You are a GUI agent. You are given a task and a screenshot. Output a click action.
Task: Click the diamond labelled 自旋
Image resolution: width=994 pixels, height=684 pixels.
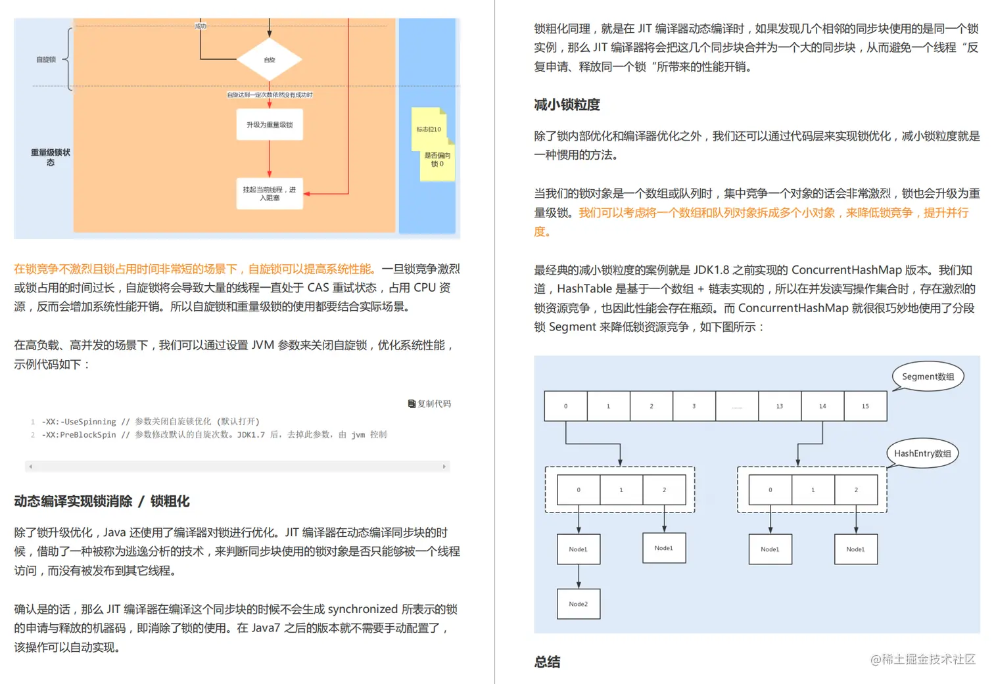click(x=270, y=60)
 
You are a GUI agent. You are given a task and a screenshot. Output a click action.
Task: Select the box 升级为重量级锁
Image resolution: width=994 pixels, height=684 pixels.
click(x=270, y=125)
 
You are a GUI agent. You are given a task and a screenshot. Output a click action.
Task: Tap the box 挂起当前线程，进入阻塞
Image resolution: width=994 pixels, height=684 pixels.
click(x=270, y=193)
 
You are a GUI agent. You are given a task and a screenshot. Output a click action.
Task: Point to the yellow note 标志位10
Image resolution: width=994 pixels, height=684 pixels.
click(x=429, y=129)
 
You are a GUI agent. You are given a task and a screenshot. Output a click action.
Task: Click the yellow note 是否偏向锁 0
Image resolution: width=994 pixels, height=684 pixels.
click(x=437, y=160)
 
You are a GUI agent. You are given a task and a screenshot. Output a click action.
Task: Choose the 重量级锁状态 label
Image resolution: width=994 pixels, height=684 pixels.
click(x=51, y=157)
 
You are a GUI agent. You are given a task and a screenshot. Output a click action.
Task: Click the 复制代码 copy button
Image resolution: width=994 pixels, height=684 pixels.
click(x=430, y=403)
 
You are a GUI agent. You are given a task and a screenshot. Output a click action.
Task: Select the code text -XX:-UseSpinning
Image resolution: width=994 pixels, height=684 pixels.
click(x=79, y=422)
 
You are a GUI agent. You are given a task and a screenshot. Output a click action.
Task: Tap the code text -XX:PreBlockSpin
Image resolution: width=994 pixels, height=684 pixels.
click(x=79, y=435)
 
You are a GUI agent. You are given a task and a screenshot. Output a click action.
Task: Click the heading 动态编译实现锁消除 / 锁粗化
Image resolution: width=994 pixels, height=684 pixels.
click(x=102, y=501)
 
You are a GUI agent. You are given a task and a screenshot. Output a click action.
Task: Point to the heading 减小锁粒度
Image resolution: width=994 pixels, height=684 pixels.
click(x=567, y=104)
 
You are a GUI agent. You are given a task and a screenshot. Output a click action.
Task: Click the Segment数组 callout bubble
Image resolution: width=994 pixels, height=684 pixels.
click(x=928, y=376)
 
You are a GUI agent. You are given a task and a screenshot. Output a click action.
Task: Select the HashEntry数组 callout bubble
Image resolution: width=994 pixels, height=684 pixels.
click(x=922, y=453)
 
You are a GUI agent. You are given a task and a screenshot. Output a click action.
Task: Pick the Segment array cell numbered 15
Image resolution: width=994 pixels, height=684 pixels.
click(x=865, y=406)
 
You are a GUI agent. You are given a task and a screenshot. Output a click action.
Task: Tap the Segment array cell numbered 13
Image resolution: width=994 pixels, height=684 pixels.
click(x=780, y=406)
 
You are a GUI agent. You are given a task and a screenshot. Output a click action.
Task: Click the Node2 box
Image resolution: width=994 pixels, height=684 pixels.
click(x=579, y=604)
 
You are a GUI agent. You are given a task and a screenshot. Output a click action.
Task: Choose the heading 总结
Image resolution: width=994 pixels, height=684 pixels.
click(x=547, y=662)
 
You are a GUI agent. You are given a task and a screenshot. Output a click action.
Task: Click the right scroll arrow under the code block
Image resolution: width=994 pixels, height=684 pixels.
click(x=444, y=467)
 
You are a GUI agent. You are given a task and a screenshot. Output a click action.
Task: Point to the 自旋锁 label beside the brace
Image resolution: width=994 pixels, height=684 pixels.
click(x=46, y=60)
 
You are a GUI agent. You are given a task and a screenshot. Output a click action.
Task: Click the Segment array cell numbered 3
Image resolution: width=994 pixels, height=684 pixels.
click(x=694, y=406)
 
